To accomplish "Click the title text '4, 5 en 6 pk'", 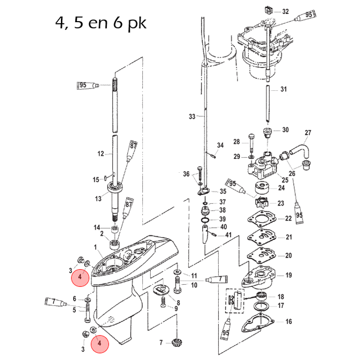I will point(101,23).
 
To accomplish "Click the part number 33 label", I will point(192,116).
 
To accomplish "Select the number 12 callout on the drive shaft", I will point(101,153).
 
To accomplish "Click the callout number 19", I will point(289,275).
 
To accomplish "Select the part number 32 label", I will point(285,12).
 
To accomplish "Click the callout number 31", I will point(284,89).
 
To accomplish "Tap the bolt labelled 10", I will point(178,285).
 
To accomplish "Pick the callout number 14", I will point(97,228).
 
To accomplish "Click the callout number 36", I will point(187,174).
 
